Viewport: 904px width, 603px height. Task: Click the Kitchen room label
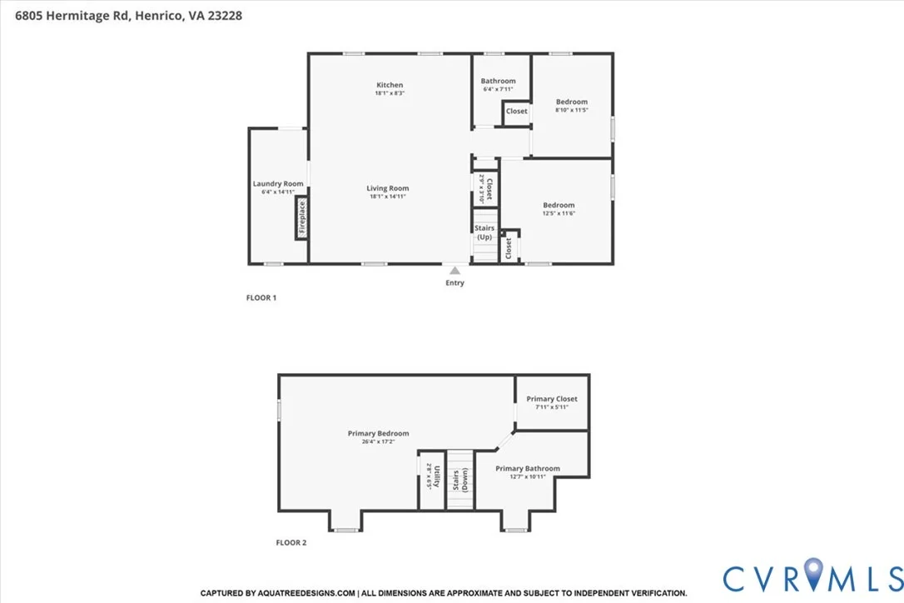click(x=390, y=85)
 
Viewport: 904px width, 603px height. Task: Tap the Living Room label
click(x=387, y=188)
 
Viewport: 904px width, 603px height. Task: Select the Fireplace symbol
click(x=301, y=217)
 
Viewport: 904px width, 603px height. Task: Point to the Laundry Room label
click(x=278, y=183)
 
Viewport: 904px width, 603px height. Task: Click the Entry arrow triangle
click(x=454, y=271)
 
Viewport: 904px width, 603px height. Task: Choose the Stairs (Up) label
click(x=484, y=232)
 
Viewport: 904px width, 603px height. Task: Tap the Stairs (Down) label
click(x=460, y=480)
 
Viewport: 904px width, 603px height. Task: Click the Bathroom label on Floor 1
click(x=498, y=81)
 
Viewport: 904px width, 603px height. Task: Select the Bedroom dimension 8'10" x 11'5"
click(x=572, y=110)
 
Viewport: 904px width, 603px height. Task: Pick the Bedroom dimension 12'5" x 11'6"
click(x=559, y=213)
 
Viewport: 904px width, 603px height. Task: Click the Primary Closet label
click(x=552, y=399)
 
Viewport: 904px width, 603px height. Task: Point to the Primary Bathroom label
click(x=528, y=469)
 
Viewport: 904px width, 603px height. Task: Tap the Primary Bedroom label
click(x=378, y=433)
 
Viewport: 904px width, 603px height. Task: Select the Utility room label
click(x=437, y=476)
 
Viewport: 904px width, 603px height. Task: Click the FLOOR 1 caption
click(x=261, y=297)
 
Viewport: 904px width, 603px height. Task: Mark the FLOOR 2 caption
click(x=291, y=542)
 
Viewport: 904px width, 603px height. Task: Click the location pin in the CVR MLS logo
click(x=813, y=574)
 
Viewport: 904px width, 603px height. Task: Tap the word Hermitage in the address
click(x=78, y=16)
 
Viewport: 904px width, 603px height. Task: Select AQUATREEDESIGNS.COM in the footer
click(x=306, y=593)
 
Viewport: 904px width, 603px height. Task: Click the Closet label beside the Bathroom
click(x=517, y=111)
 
